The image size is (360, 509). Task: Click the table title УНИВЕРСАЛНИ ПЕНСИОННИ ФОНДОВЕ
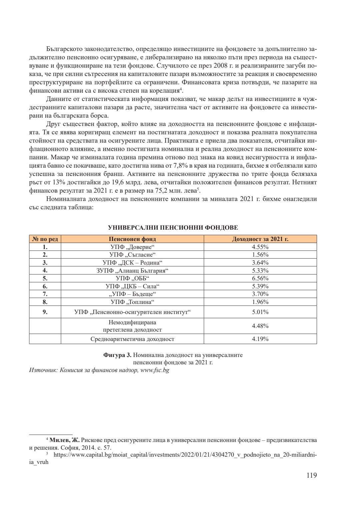(x=173, y=228)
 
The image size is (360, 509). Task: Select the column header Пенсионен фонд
(x=132, y=239)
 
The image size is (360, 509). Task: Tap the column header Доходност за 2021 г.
(x=260, y=239)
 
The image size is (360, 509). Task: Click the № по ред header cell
(x=45, y=239)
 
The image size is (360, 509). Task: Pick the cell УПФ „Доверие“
(x=132, y=247)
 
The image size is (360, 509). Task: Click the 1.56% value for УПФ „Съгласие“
(x=260, y=255)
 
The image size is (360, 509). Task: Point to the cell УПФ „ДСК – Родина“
(x=132, y=263)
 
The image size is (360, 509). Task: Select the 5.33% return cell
(x=260, y=271)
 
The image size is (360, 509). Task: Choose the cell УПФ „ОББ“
(x=132, y=278)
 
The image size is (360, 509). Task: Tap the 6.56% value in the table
(x=260, y=278)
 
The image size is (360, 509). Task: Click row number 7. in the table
(x=45, y=294)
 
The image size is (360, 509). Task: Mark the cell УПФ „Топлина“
(x=132, y=302)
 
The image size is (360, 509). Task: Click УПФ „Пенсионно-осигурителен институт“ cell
(x=132, y=312)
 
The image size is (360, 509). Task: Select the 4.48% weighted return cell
(x=260, y=326)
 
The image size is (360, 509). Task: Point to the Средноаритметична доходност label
(x=132, y=339)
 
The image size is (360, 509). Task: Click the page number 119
(x=311, y=475)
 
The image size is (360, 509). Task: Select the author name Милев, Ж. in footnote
(x=64, y=440)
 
